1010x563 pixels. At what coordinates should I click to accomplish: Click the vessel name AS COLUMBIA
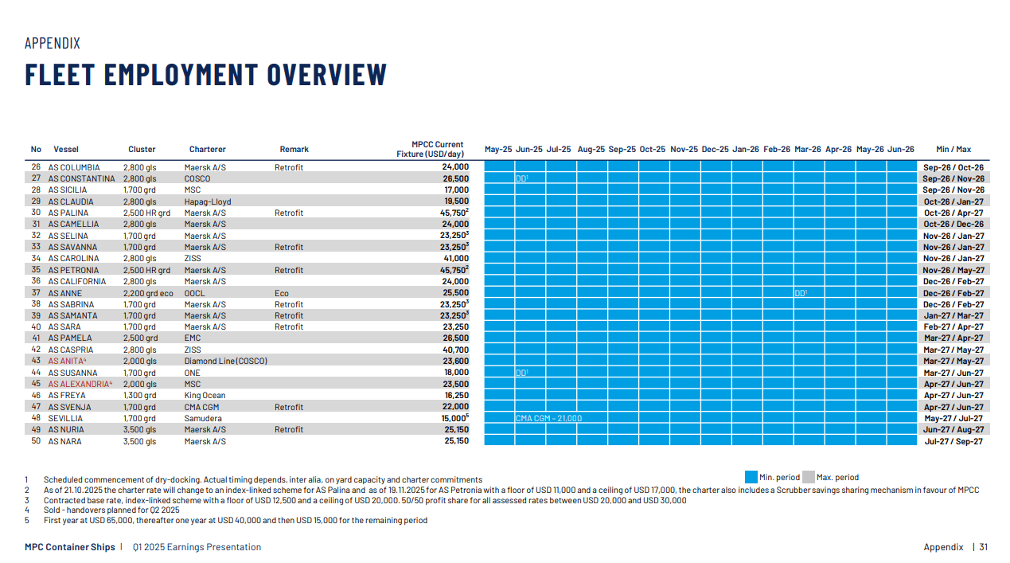(74, 167)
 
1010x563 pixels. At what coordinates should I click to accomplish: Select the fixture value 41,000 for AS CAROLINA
(456, 258)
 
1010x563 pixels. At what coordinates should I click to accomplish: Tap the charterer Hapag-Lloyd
(208, 201)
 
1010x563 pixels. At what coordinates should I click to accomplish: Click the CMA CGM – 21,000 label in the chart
(548, 418)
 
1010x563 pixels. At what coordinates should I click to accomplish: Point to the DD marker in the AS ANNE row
(801, 293)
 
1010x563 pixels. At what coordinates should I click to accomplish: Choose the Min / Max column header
(953, 149)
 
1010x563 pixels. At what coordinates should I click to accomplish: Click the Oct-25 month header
(652, 149)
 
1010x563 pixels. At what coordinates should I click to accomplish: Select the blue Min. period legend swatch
(751, 477)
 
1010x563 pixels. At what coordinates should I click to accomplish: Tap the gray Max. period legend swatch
(808, 477)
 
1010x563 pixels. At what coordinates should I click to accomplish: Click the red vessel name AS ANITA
(67, 361)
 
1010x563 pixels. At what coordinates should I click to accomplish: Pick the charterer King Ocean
(205, 395)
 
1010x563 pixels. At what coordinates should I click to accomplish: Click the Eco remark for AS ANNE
(283, 293)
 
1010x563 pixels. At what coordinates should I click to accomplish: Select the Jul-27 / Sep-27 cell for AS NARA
(953, 441)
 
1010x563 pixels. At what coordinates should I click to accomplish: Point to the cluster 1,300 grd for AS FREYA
(139, 395)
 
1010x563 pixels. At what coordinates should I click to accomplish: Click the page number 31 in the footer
(983, 547)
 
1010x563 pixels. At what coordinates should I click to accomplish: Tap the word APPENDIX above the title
(53, 44)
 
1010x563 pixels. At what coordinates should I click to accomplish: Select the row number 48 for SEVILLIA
(36, 418)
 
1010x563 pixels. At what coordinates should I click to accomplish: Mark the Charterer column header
(207, 149)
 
